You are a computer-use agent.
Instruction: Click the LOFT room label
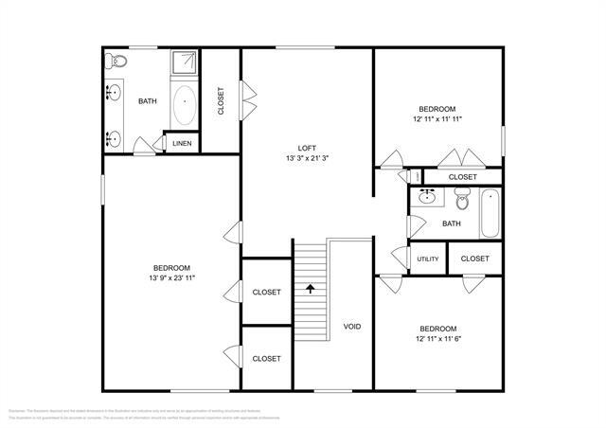(x=307, y=147)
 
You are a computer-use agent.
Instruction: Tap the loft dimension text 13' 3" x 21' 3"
(x=307, y=158)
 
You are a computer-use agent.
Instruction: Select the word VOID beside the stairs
(x=351, y=327)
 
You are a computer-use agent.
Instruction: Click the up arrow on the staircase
(x=310, y=286)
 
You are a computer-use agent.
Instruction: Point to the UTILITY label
(x=427, y=259)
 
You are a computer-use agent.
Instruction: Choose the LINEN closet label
(x=181, y=144)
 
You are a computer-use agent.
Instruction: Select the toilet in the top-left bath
(x=117, y=62)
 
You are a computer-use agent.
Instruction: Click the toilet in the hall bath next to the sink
(x=462, y=200)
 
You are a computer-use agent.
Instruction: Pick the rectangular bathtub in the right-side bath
(x=489, y=214)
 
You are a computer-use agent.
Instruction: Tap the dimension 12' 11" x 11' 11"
(x=437, y=119)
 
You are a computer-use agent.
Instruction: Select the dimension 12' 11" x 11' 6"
(x=437, y=338)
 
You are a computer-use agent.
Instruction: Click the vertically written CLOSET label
(x=221, y=101)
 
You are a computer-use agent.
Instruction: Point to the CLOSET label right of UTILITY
(x=474, y=259)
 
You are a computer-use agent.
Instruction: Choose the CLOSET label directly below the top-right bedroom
(x=462, y=177)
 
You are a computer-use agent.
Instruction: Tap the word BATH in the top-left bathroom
(x=148, y=101)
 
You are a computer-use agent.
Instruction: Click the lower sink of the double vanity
(x=115, y=138)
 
